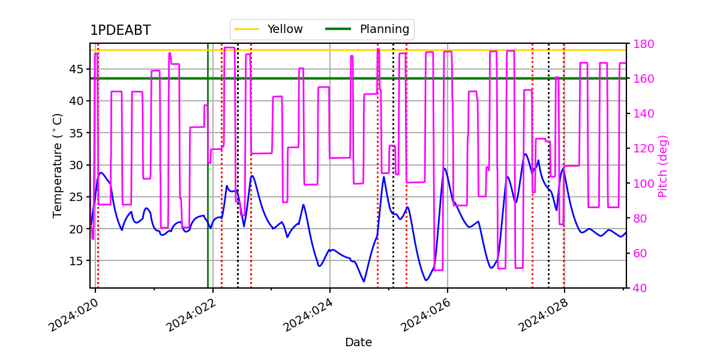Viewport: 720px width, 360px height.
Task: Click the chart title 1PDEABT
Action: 121,30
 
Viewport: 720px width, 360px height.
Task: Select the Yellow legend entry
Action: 269,29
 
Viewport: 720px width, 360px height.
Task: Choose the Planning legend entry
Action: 367,29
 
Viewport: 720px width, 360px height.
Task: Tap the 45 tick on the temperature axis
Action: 76,69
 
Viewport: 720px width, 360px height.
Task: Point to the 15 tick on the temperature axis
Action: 76,260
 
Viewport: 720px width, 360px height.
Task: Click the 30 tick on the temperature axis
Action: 76,165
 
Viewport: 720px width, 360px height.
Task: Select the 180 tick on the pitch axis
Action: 643,44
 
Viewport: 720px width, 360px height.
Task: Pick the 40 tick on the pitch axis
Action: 640,288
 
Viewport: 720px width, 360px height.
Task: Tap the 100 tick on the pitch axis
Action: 643,184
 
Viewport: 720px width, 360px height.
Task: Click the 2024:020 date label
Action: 73,315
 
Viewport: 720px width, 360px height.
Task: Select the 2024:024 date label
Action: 308,315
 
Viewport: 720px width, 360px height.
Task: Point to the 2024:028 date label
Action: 542,315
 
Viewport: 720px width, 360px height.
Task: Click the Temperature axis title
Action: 57,166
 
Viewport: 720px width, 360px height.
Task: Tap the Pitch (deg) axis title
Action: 663,166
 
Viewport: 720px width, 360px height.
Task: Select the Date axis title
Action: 358,343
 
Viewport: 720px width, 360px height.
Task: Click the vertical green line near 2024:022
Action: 208,166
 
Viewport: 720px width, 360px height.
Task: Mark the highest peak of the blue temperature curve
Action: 526,154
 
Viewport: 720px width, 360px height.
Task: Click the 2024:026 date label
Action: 425,315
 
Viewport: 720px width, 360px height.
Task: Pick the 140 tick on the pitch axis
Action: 643,113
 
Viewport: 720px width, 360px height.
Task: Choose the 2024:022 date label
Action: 191,315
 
